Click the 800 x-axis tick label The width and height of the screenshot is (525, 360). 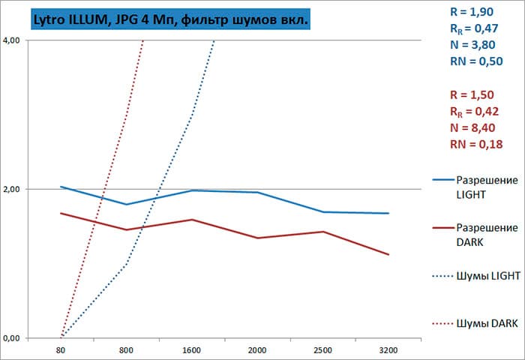click(126, 349)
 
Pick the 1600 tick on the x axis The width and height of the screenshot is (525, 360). click(192, 349)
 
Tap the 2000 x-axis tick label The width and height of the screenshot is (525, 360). click(257, 349)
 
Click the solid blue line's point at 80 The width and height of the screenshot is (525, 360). click(61, 187)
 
